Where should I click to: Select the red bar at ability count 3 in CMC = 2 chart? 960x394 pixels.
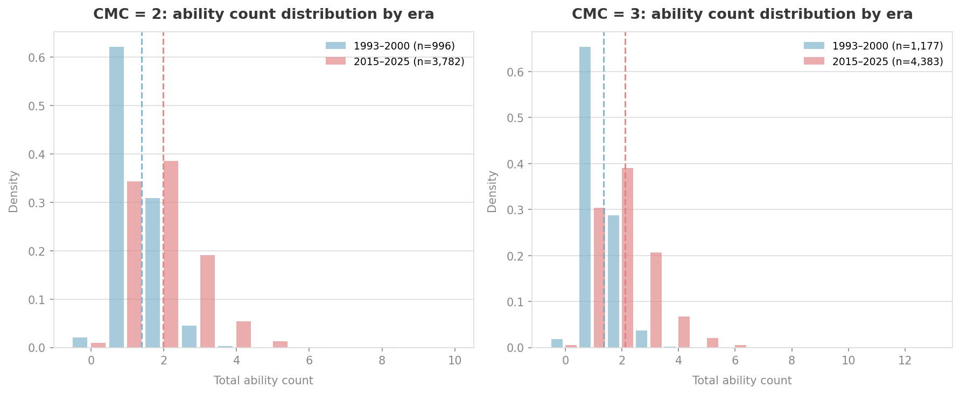point(207,301)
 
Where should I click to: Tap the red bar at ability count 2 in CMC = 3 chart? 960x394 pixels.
point(627,258)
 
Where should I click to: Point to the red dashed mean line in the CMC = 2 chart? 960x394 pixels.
point(163,108)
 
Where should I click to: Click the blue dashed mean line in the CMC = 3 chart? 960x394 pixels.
point(604,108)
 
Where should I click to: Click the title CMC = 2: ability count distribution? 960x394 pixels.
point(263,15)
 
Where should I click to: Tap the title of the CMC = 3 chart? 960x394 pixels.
point(742,15)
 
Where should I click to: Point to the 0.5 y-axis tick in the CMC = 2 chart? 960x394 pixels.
point(37,106)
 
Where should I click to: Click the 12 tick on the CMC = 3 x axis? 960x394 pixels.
point(905,361)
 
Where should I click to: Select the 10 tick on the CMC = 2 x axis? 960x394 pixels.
point(454,361)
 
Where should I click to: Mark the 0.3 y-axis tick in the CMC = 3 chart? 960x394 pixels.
point(515,210)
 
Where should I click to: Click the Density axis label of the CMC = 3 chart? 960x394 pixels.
point(492,191)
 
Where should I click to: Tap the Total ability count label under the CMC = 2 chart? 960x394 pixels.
point(263,381)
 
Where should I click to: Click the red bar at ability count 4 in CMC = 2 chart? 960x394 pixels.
point(243,335)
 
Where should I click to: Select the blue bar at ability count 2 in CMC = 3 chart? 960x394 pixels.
point(613,282)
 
